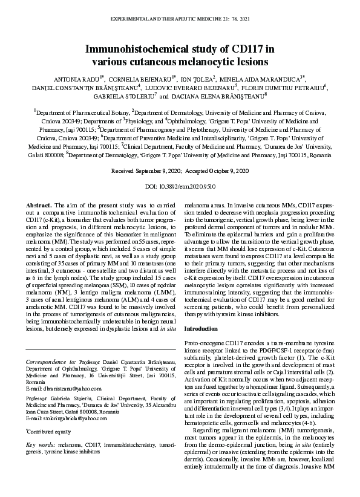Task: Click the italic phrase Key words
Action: tap(39, 445)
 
